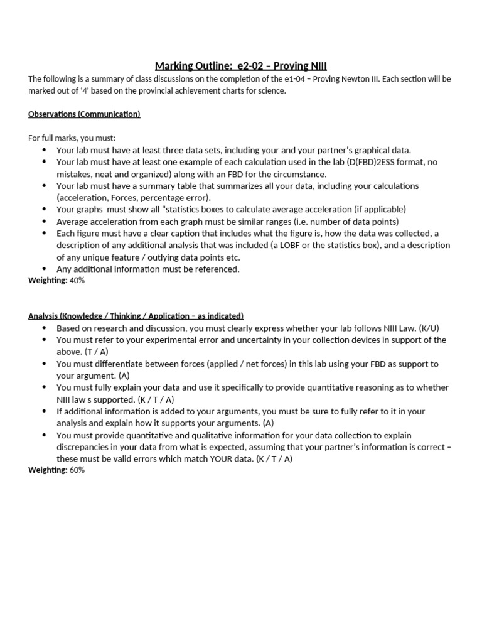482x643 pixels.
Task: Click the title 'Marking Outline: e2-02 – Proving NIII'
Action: pyautogui.click(x=240, y=66)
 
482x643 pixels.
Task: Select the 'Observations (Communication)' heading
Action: pyautogui.click(x=84, y=114)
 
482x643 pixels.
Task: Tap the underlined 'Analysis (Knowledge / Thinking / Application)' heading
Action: pyautogui.click(x=136, y=316)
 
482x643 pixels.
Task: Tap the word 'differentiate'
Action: pyautogui.click(x=124, y=364)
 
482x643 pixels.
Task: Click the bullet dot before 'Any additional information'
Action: pyautogui.click(x=44, y=269)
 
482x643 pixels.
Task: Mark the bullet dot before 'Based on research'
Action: pyautogui.click(x=44, y=328)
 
